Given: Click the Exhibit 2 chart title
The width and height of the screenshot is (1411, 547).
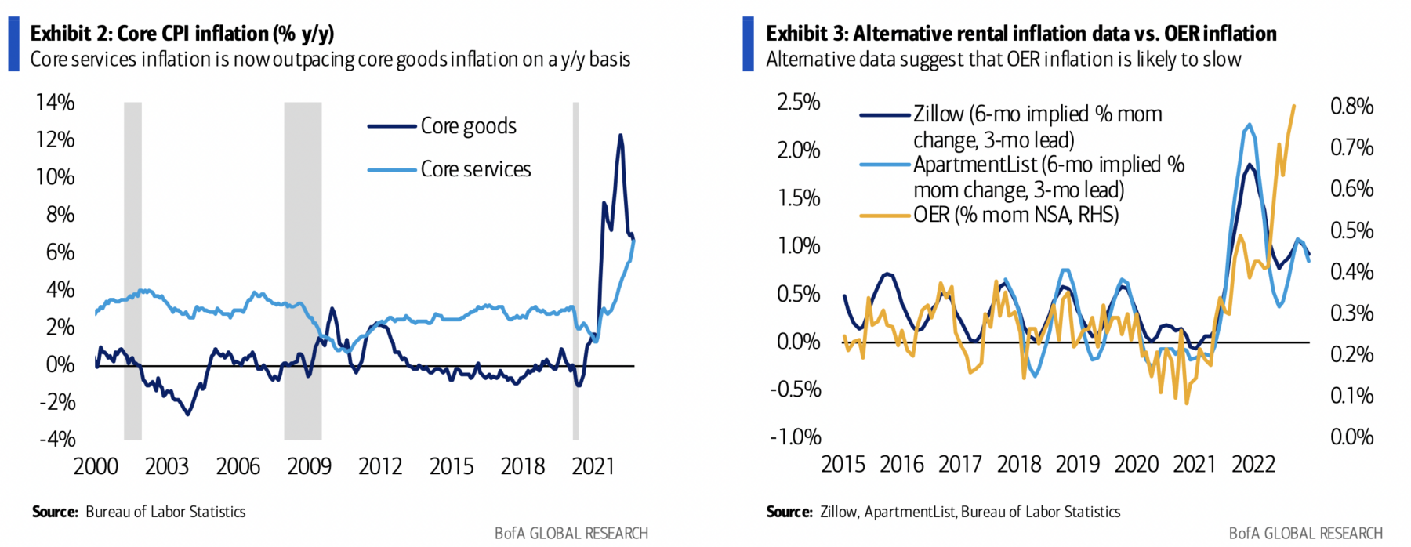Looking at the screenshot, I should coord(182,34).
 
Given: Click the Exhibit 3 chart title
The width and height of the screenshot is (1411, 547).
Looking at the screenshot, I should coord(1021,34).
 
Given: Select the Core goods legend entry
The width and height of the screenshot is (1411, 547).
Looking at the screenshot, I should coord(468,126).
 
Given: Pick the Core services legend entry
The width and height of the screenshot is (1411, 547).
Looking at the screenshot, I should coord(475,169).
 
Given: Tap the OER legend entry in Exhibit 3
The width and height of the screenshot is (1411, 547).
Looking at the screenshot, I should coord(1015,215).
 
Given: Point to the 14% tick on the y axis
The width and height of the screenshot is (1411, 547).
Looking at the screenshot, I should coord(55,103).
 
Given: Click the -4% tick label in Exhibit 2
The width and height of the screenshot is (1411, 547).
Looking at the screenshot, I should coord(57,439).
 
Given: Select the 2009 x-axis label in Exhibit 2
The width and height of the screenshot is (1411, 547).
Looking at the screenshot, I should coord(309,466).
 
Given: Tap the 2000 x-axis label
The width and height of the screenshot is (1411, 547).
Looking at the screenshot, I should coord(96,466).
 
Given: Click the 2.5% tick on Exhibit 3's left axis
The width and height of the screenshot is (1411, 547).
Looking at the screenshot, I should coord(798,103).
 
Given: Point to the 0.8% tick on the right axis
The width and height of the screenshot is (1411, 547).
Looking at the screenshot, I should coord(1351,106).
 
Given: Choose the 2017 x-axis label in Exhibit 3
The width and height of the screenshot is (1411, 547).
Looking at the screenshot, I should coord(960,464).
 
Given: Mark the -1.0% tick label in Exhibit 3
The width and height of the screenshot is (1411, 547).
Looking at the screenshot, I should coord(795,437).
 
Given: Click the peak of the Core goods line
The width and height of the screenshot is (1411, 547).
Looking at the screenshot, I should coord(621,136).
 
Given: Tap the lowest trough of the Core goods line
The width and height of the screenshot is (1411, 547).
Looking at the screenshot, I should coord(187,414).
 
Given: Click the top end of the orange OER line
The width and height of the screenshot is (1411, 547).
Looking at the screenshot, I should coord(1293,106).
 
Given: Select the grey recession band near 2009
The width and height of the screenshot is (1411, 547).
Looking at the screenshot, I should coord(303,270).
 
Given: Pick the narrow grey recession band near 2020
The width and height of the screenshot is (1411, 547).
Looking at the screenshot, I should coord(575,270).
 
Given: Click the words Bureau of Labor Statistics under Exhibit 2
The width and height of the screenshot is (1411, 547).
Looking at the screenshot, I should coord(165,512).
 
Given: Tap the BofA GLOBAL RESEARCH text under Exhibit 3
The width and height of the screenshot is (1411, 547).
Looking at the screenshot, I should coord(1305,534).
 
